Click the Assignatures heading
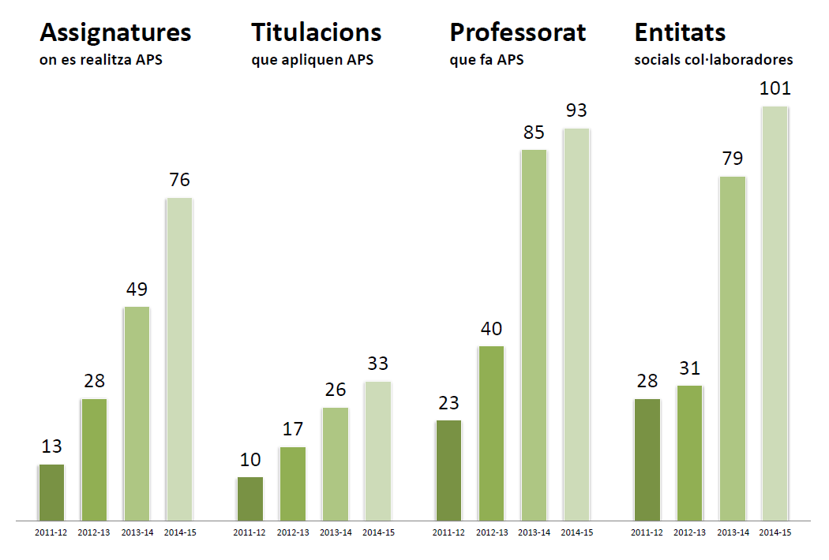click(115, 32)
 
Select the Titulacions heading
click(316, 32)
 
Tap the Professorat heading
click(518, 32)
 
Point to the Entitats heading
click(680, 32)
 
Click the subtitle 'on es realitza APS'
click(100, 60)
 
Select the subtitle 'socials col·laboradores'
click(714, 60)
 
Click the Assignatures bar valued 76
click(179, 359)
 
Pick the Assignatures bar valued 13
click(51, 492)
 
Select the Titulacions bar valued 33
click(377, 450)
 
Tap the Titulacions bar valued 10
click(249, 498)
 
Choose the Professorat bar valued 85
click(533, 334)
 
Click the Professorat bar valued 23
click(448, 470)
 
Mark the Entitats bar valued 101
click(775, 313)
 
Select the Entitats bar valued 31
click(689, 453)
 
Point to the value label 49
click(137, 289)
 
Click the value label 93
click(576, 110)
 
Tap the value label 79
click(732, 159)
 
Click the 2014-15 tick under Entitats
click(775, 532)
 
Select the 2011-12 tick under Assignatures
click(51, 532)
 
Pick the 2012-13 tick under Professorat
click(491, 532)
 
